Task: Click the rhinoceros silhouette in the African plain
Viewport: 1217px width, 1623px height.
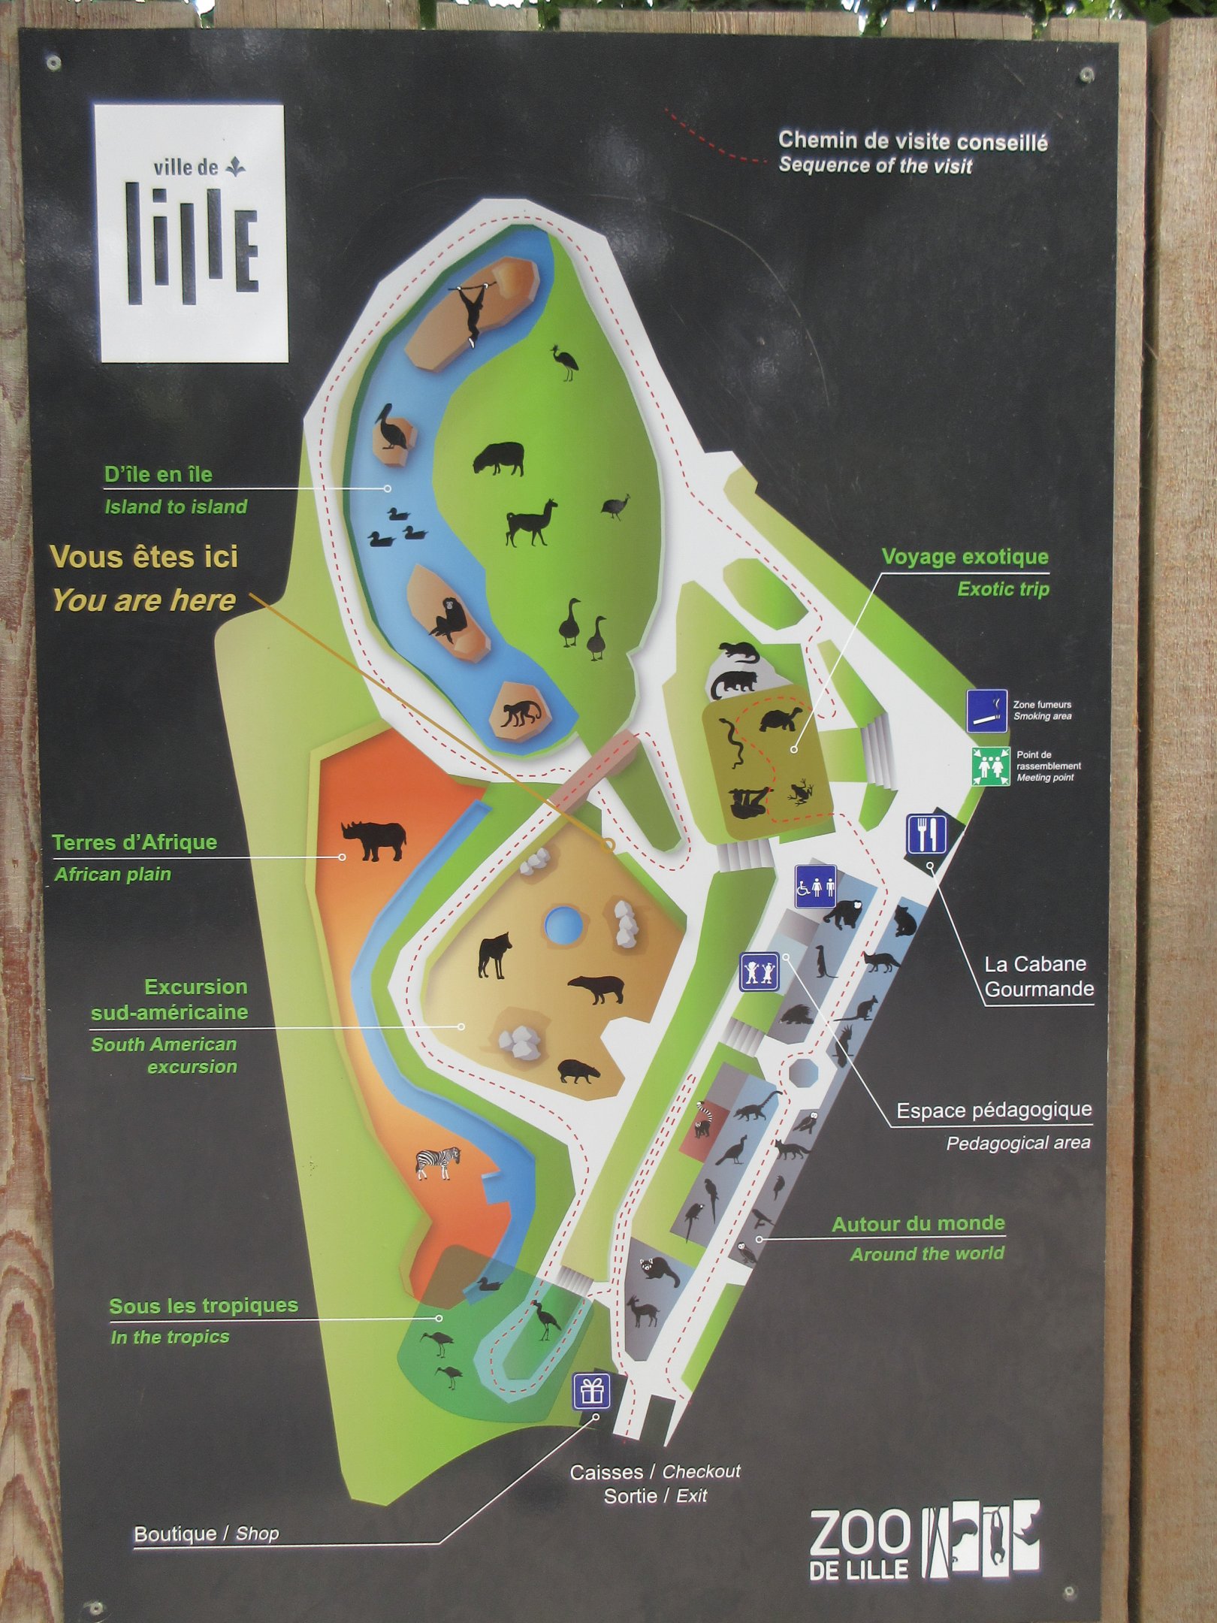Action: click(374, 839)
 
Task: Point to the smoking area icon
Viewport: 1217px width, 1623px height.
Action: click(986, 710)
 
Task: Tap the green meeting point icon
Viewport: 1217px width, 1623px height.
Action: click(990, 766)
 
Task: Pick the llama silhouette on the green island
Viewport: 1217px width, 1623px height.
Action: click(531, 521)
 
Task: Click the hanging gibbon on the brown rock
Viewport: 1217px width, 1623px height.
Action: click(474, 310)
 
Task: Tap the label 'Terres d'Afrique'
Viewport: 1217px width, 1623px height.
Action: click(134, 842)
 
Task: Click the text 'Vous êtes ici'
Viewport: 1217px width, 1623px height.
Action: click(144, 558)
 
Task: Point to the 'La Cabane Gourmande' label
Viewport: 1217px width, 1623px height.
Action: click(1038, 976)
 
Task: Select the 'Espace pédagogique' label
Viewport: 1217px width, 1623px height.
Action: click(993, 1110)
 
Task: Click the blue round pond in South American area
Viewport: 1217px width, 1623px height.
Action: click(563, 923)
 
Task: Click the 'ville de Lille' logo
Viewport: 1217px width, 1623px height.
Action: click(191, 233)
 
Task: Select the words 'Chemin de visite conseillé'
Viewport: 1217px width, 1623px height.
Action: click(912, 141)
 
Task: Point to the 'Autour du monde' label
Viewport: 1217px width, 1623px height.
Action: click(918, 1224)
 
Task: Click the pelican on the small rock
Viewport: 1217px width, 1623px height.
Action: click(393, 428)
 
